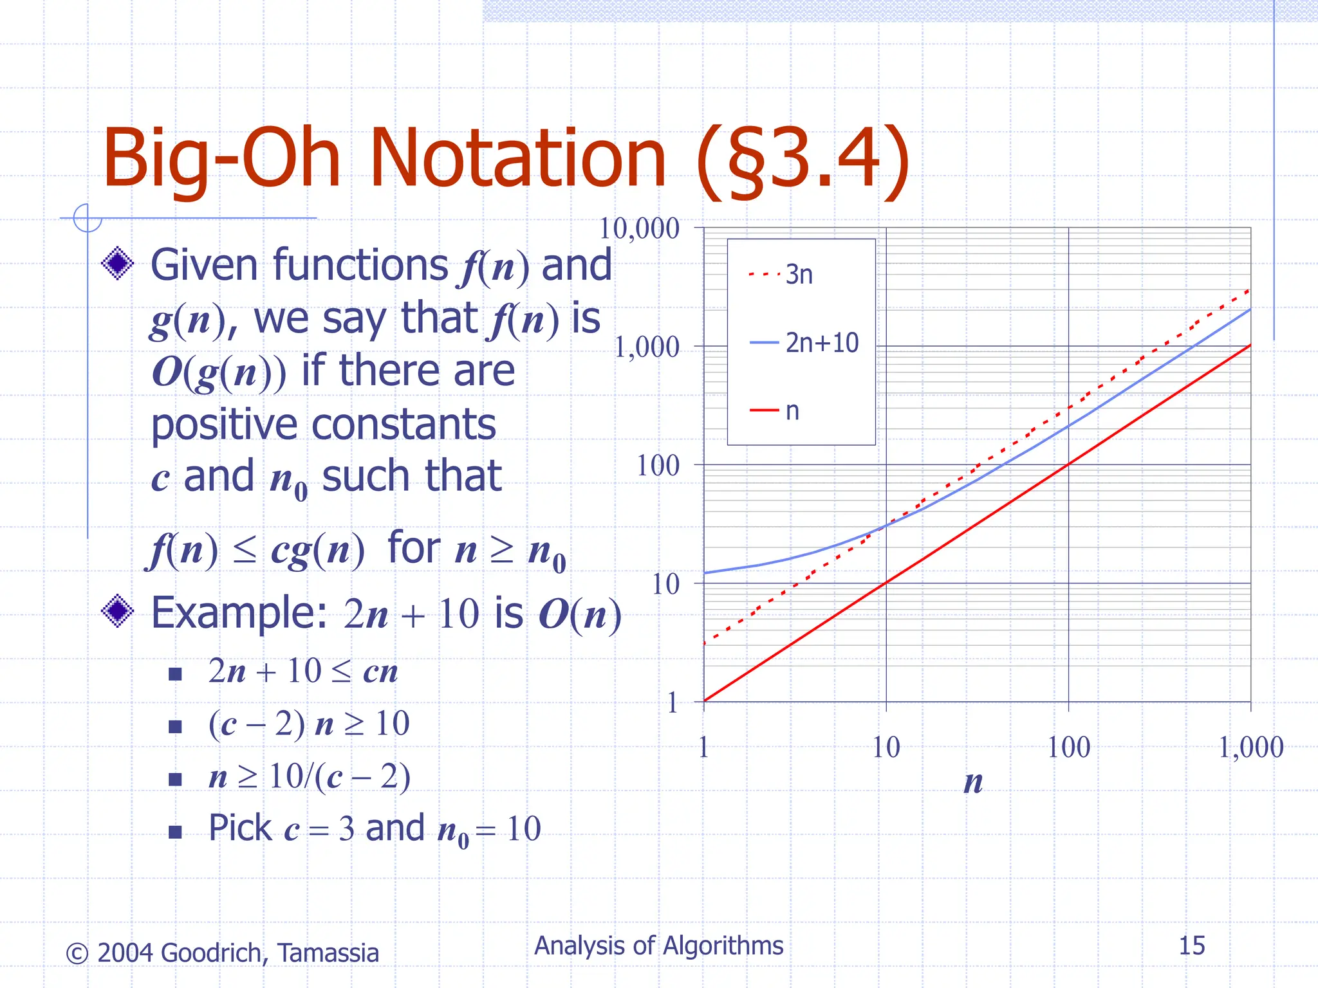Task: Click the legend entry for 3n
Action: [798, 275]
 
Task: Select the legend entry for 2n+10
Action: [821, 343]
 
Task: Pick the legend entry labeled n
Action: [792, 411]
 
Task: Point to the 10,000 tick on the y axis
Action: [639, 228]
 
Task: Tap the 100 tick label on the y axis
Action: [658, 465]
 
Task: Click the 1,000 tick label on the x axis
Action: [1250, 747]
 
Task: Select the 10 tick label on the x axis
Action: [886, 747]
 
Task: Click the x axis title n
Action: [973, 782]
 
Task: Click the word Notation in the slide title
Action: [517, 158]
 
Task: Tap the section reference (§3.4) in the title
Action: [803, 158]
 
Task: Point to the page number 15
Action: [1191, 946]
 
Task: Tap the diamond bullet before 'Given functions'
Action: [118, 264]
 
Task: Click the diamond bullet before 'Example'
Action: [118, 611]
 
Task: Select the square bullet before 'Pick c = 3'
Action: [174, 832]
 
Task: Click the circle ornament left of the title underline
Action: [87, 218]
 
